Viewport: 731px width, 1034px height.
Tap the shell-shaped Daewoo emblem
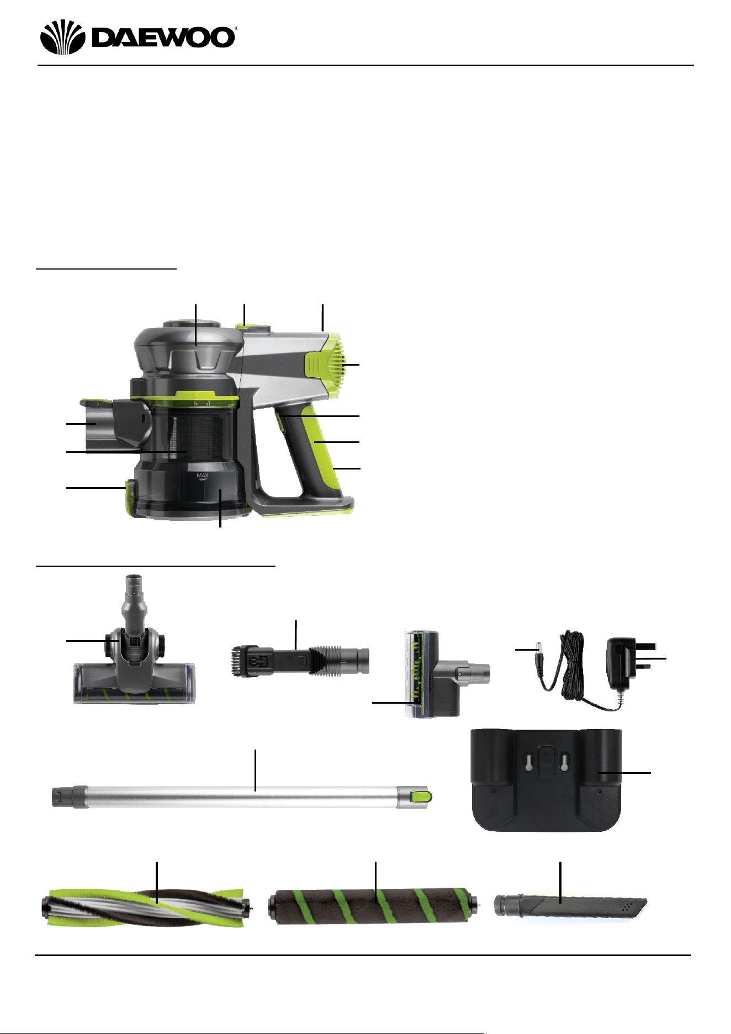(x=61, y=37)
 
